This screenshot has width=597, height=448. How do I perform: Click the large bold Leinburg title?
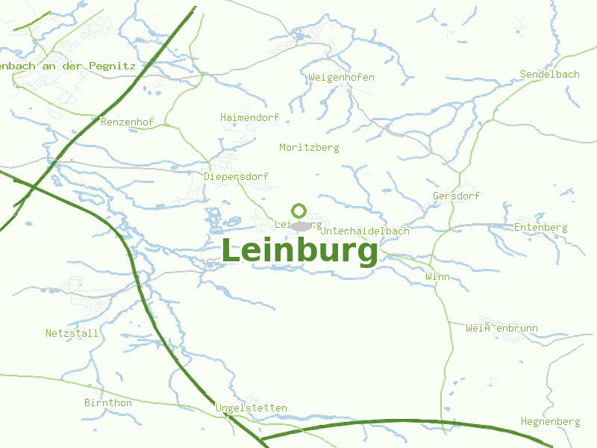(x=300, y=251)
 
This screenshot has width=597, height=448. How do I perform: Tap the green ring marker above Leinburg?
(x=299, y=211)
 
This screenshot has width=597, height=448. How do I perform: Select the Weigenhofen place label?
(x=341, y=78)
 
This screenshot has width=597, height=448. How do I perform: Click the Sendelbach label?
(x=550, y=75)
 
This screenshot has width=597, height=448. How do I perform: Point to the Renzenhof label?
(x=127, y=122)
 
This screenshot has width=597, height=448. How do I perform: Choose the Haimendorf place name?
(x=249, y=118)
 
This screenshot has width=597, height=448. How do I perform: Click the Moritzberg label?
(x=309, y=148)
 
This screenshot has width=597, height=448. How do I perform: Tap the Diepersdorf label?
(x=236, y=176)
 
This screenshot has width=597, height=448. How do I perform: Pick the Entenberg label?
(x=540, y=228)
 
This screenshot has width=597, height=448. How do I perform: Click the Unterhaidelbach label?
(x=365, y=231)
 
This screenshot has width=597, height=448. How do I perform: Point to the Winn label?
(x=437, y=277)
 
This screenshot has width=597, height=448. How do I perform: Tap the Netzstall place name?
(x=72, y=333)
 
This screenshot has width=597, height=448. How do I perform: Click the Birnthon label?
(x=108, y=403)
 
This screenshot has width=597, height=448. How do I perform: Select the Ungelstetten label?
(x=251, y=408)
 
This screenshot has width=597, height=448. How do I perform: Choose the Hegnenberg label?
(x=550, y=422)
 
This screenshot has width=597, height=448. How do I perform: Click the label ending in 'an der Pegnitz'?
(x=68, y=66)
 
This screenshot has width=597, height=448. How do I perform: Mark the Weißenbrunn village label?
(x=501, y=329)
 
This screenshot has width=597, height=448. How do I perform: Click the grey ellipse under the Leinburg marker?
(x=300, y=225)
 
